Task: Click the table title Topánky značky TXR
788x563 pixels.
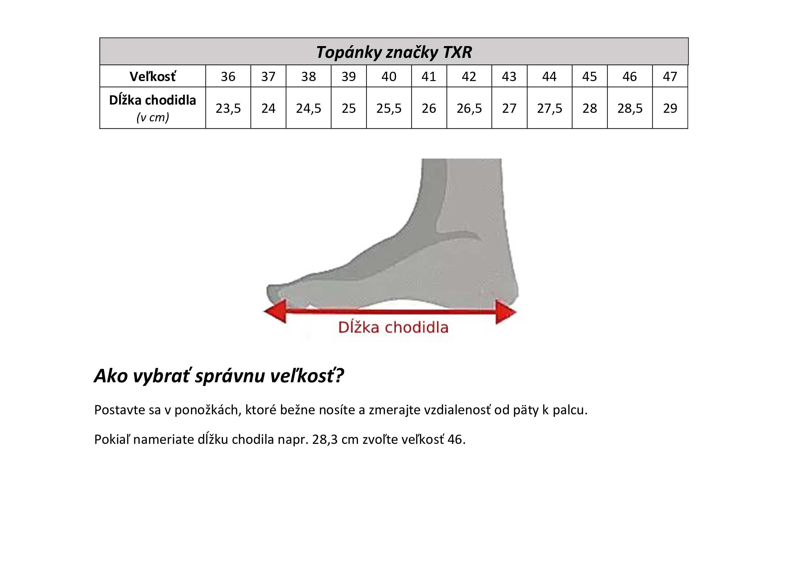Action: click(394, 52)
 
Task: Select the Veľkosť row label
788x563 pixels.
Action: click(152, 76)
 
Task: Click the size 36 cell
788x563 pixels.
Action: click(228, 76)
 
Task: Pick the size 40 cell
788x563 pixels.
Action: click(389, 76)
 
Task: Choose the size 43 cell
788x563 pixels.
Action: click(509, 76)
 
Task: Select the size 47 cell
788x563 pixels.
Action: click(670, 76)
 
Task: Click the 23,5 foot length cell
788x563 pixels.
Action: click(228, 108)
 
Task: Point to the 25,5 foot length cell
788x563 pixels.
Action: click(389, 108)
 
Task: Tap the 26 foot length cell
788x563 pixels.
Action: click(429, 108)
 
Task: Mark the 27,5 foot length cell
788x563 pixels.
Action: click(549, 108)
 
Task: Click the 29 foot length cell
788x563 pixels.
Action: click(670, 108)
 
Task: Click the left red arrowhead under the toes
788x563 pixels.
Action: click(275, 311)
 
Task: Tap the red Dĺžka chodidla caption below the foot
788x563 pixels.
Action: click(393, 327)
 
